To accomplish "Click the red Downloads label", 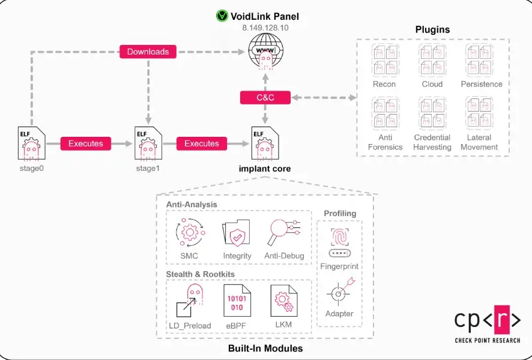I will (148, 52).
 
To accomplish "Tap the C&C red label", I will (265, 97).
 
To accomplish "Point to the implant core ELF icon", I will (265, 144).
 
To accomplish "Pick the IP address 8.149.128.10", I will (265, 28).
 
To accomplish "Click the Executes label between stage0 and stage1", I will (86, 143).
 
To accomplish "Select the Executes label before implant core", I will (202, 143).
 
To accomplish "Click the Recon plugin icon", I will (384, 59).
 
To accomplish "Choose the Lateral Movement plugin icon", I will (479, 113).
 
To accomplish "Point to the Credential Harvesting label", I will (432, 142).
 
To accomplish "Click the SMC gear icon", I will (189, 233).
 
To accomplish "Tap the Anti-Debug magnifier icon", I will (283, 233).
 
